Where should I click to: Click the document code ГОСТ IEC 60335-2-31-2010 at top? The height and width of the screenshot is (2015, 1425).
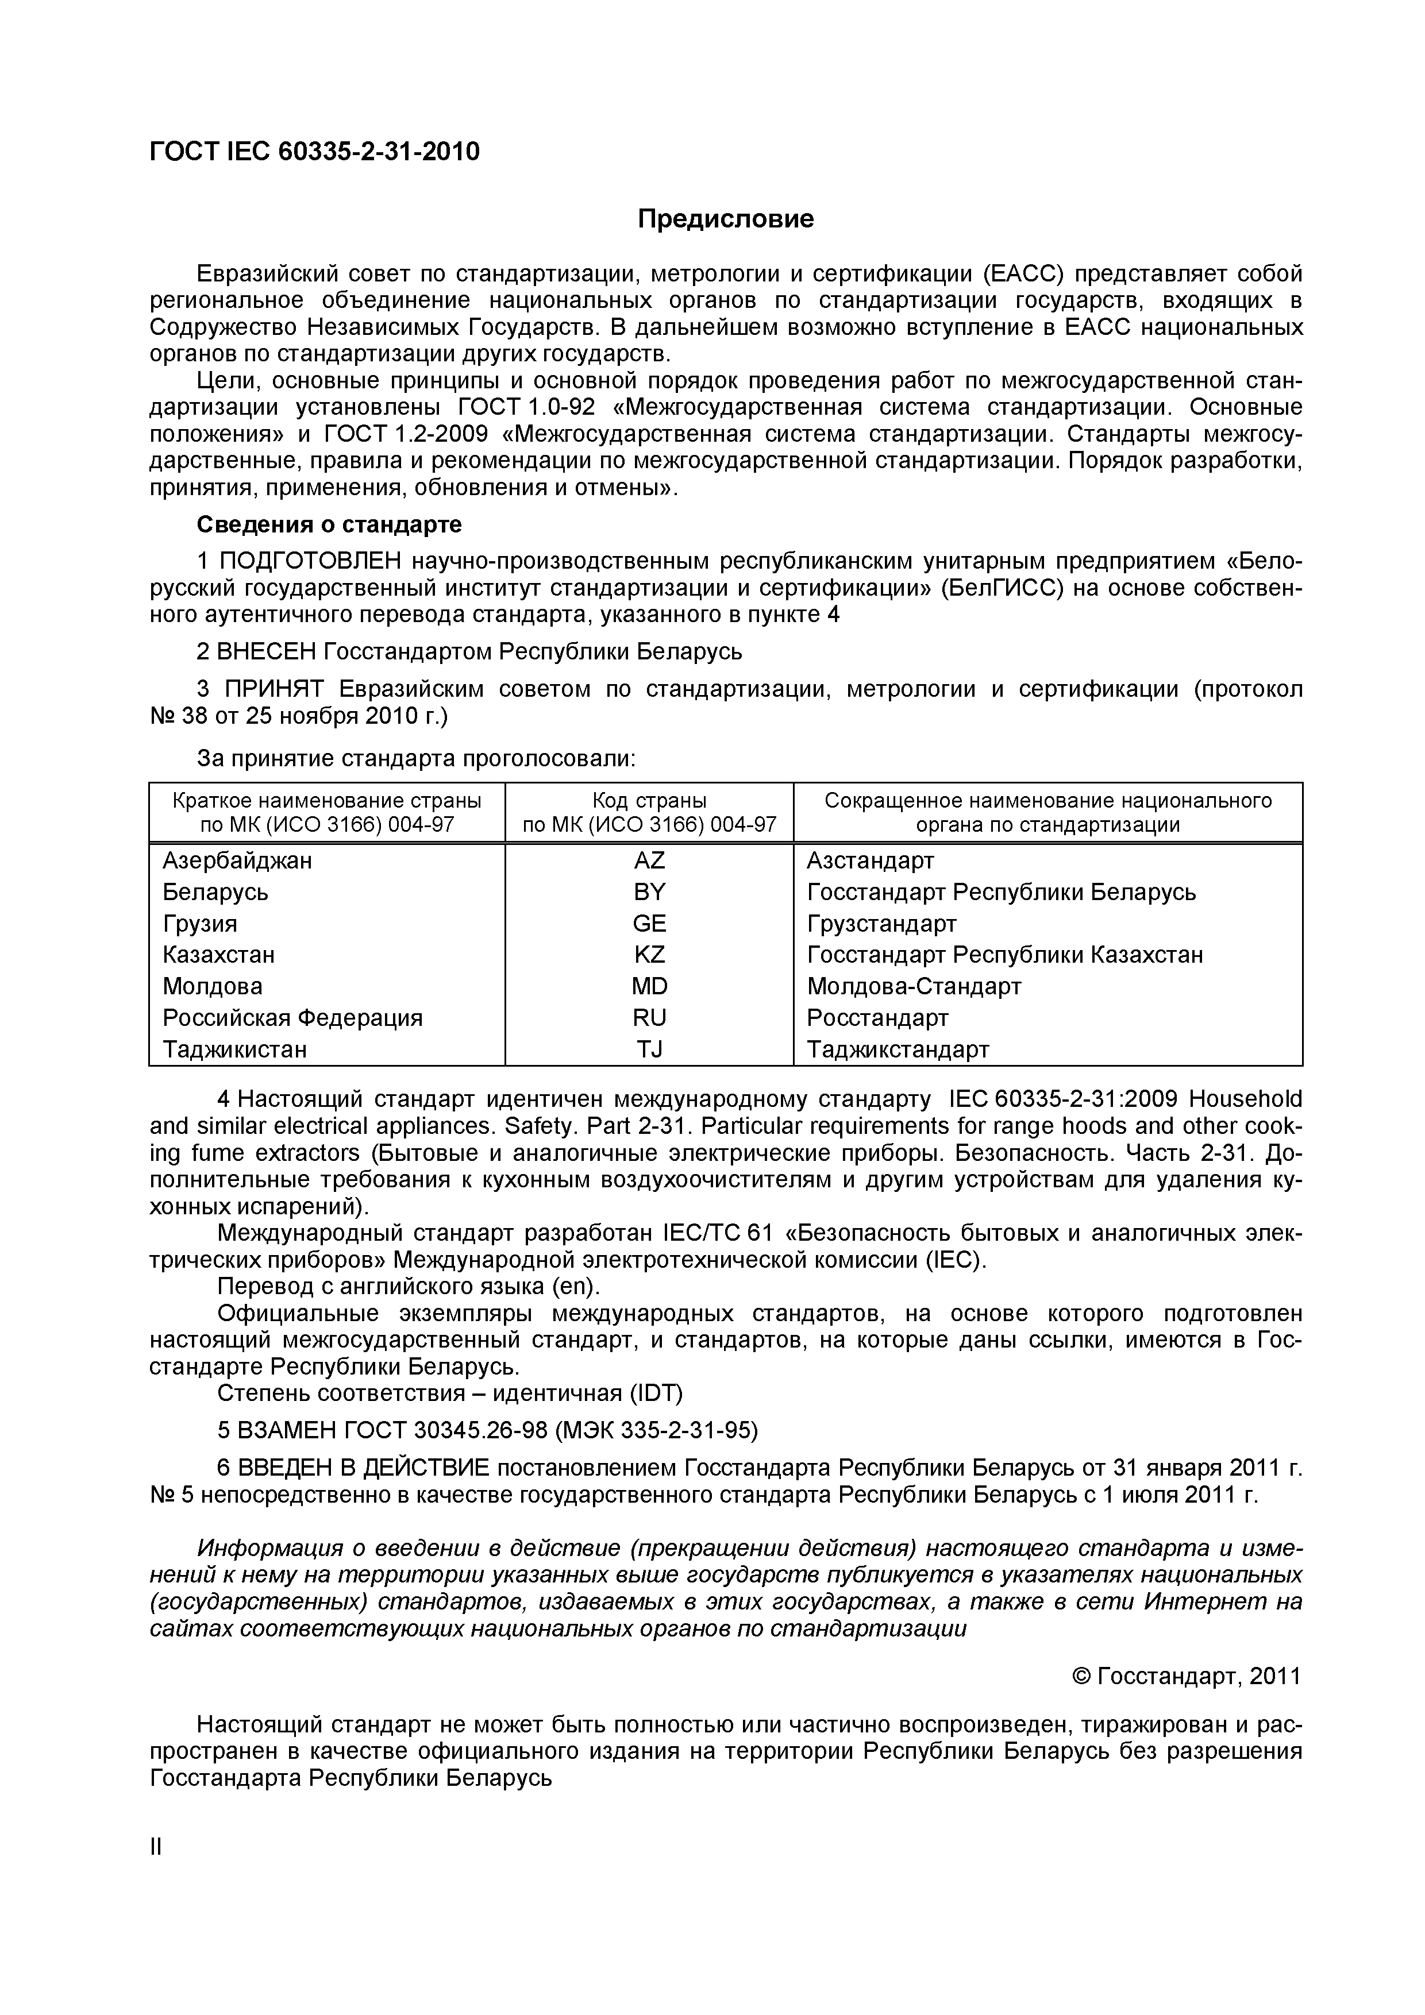(x=314, y=152)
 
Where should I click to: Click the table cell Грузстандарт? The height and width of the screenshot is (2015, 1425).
(x=881, y=923)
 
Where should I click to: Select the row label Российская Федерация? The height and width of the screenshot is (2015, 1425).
(x=292, y=1018)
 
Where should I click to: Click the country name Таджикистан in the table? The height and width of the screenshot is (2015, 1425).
(x=234, y=1049)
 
